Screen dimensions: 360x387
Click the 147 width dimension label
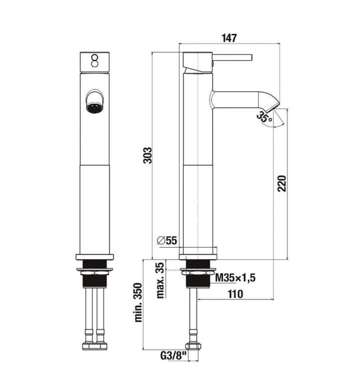(x=229, y=38)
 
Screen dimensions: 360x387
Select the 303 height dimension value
(x=148, y=155)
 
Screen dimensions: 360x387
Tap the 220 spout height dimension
(x=281, y=183)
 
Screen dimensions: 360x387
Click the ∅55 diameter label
(x=167, y=240)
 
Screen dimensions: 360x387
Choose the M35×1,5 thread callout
(x=235, y=278)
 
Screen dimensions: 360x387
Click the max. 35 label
(x=161, y=280)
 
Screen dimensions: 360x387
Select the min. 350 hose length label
(x=138, y=302)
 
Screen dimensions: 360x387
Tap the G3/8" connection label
(x=173, y=356)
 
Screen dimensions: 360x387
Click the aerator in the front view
(x=94, y=108)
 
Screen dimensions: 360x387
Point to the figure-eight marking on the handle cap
(x=94, y=61)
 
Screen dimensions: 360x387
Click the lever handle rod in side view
(x=232, y=57)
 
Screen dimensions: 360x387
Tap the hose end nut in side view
(x=193, y=346)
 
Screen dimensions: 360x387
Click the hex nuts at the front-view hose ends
(x=94, y=345)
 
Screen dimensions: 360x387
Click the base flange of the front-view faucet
(x=94, y=257)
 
